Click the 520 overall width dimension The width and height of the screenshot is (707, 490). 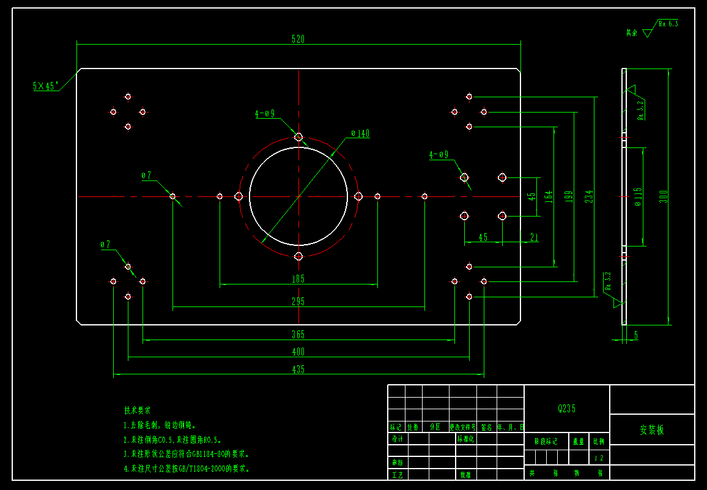click(x=298, y=39)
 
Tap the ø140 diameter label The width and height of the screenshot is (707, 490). click(x=360, y=133)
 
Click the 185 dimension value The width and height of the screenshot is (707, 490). click(x=298, y=279)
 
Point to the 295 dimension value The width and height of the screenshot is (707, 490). click(x=298, y=301)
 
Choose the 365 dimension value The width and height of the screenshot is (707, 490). click(x=298, y=335)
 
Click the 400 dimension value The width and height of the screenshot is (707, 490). click(x=298, y=352)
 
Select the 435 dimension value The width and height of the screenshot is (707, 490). click(x=298, y=369)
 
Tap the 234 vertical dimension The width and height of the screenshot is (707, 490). click(x=588, y=196)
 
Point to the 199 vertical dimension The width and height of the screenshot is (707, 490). click(x=568, y=196)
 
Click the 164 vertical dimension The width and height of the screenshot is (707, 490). click(x=549, y=196)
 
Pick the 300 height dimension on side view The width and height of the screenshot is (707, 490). click(x=663, y=196)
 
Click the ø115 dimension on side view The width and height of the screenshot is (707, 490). click(x=638, y=196)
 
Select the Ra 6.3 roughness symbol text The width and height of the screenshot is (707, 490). click(x=668, y=24)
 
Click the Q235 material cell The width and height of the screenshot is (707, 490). click(x=567, y=409)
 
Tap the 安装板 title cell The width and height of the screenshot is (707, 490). click(x=652, y=429)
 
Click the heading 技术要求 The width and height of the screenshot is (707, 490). click(x=137, y=410)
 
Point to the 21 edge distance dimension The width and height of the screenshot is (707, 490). click(x=534, y=237)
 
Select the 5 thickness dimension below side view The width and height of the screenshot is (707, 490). click(x=636, y=335)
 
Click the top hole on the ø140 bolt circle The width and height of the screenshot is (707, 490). click(x=298, y=136)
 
